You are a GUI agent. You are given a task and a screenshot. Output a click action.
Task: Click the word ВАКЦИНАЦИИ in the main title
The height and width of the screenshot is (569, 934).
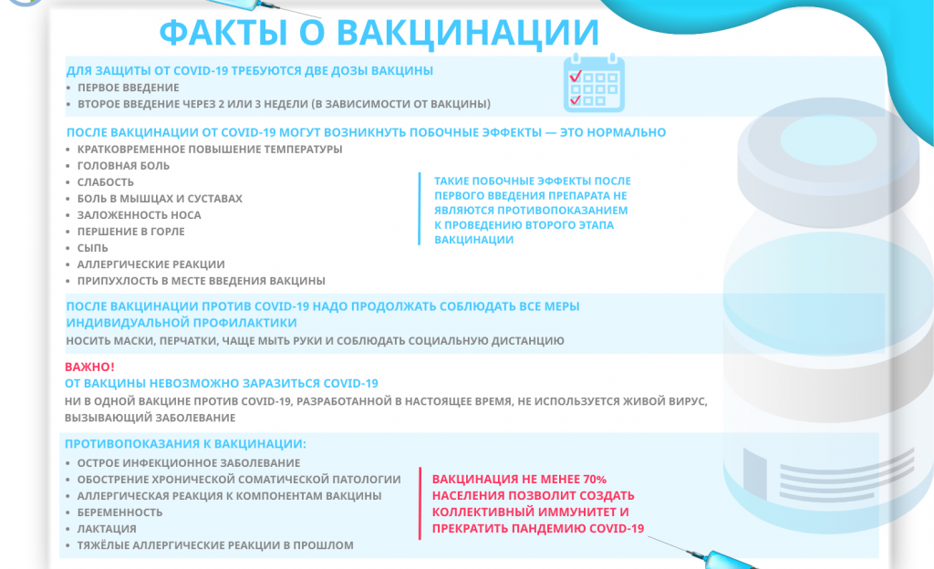(x=468, y=32)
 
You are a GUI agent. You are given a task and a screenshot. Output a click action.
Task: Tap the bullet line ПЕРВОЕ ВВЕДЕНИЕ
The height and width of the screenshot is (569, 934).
(x=128, y=88)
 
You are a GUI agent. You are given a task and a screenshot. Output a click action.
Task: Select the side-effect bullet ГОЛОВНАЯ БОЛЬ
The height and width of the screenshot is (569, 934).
(x=123, y=166)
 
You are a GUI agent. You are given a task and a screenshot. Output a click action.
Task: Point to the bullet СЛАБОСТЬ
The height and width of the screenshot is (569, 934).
(x=106, y=182)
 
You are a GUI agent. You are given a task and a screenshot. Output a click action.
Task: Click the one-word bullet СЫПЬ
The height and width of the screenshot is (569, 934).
(x=93, y=248)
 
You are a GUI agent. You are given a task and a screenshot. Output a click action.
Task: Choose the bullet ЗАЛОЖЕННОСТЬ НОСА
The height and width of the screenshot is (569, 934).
(x=139, y=215)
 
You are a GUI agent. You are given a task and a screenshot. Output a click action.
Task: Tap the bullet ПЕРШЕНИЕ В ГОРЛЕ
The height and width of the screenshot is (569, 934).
(x=131, y=232)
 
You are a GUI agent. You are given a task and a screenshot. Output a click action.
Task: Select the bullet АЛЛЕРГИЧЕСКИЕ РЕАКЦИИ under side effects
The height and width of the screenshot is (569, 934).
(x=150, y=264)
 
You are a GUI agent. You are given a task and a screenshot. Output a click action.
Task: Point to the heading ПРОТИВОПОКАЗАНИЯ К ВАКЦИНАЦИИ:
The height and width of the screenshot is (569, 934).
(x=185, y=444)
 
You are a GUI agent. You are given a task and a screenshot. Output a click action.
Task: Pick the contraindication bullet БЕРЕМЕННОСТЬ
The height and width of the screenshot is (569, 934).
(x=119, y=512)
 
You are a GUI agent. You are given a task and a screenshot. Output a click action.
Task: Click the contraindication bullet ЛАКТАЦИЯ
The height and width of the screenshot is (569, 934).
(x=107, y=529)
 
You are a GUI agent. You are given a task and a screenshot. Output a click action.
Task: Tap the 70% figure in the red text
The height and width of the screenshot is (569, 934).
(x=594, y=480)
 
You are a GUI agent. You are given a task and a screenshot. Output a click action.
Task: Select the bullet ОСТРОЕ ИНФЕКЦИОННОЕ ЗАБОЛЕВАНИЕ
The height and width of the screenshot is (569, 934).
(x=189, y=463)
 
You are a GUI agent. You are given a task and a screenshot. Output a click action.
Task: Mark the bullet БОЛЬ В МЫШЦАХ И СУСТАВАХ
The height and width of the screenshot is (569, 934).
(x=160, y=199)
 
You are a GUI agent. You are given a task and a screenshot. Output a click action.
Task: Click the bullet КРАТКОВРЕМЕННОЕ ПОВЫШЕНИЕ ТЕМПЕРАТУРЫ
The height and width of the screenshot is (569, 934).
(x=210, y=150)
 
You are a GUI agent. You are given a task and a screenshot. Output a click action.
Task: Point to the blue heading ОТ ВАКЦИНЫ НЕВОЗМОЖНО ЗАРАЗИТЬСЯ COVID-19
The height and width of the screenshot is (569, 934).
(x=222, y=383)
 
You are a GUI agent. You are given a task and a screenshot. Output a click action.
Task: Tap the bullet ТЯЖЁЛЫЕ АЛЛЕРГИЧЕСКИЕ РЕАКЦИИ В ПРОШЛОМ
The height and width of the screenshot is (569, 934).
(x=215, y=545)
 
